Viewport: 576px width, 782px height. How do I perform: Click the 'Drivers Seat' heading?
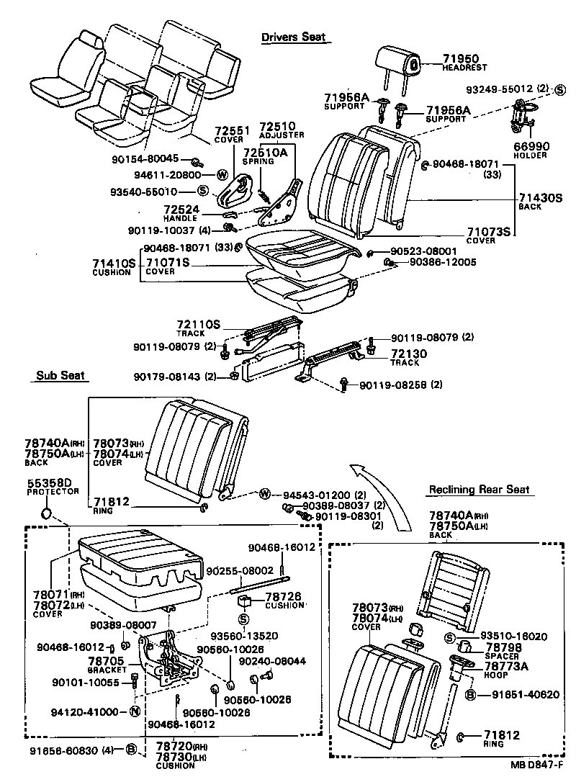point(293,37)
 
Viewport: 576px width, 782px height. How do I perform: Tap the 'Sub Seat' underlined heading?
point(60,375)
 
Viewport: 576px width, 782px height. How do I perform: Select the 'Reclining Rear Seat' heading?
point(479,490)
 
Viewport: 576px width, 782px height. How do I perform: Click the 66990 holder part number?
point(531,146)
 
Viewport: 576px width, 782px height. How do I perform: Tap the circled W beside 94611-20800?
point(222,174)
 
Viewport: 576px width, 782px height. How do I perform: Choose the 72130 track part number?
point(409,354)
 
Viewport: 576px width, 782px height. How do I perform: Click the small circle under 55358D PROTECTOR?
point(46,513)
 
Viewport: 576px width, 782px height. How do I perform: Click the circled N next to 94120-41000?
point(134,712)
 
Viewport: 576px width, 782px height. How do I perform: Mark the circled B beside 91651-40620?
point(469,695)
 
